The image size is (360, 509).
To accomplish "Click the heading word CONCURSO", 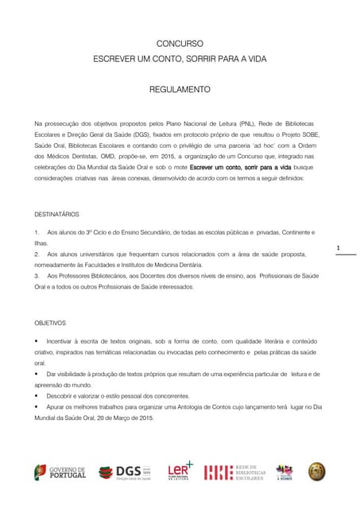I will [180, 44].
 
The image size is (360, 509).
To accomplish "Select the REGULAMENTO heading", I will [180, 90].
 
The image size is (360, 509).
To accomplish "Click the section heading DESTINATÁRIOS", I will [56, 215].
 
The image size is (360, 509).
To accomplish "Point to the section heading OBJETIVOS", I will [50, 324].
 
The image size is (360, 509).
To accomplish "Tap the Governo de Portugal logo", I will [60, 472].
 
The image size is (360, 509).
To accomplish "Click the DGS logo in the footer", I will [125, 472].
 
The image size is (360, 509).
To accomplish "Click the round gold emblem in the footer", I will [317, 472].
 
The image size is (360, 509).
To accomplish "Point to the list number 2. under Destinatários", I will [37, 253].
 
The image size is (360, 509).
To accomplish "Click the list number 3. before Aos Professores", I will [37, 274].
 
